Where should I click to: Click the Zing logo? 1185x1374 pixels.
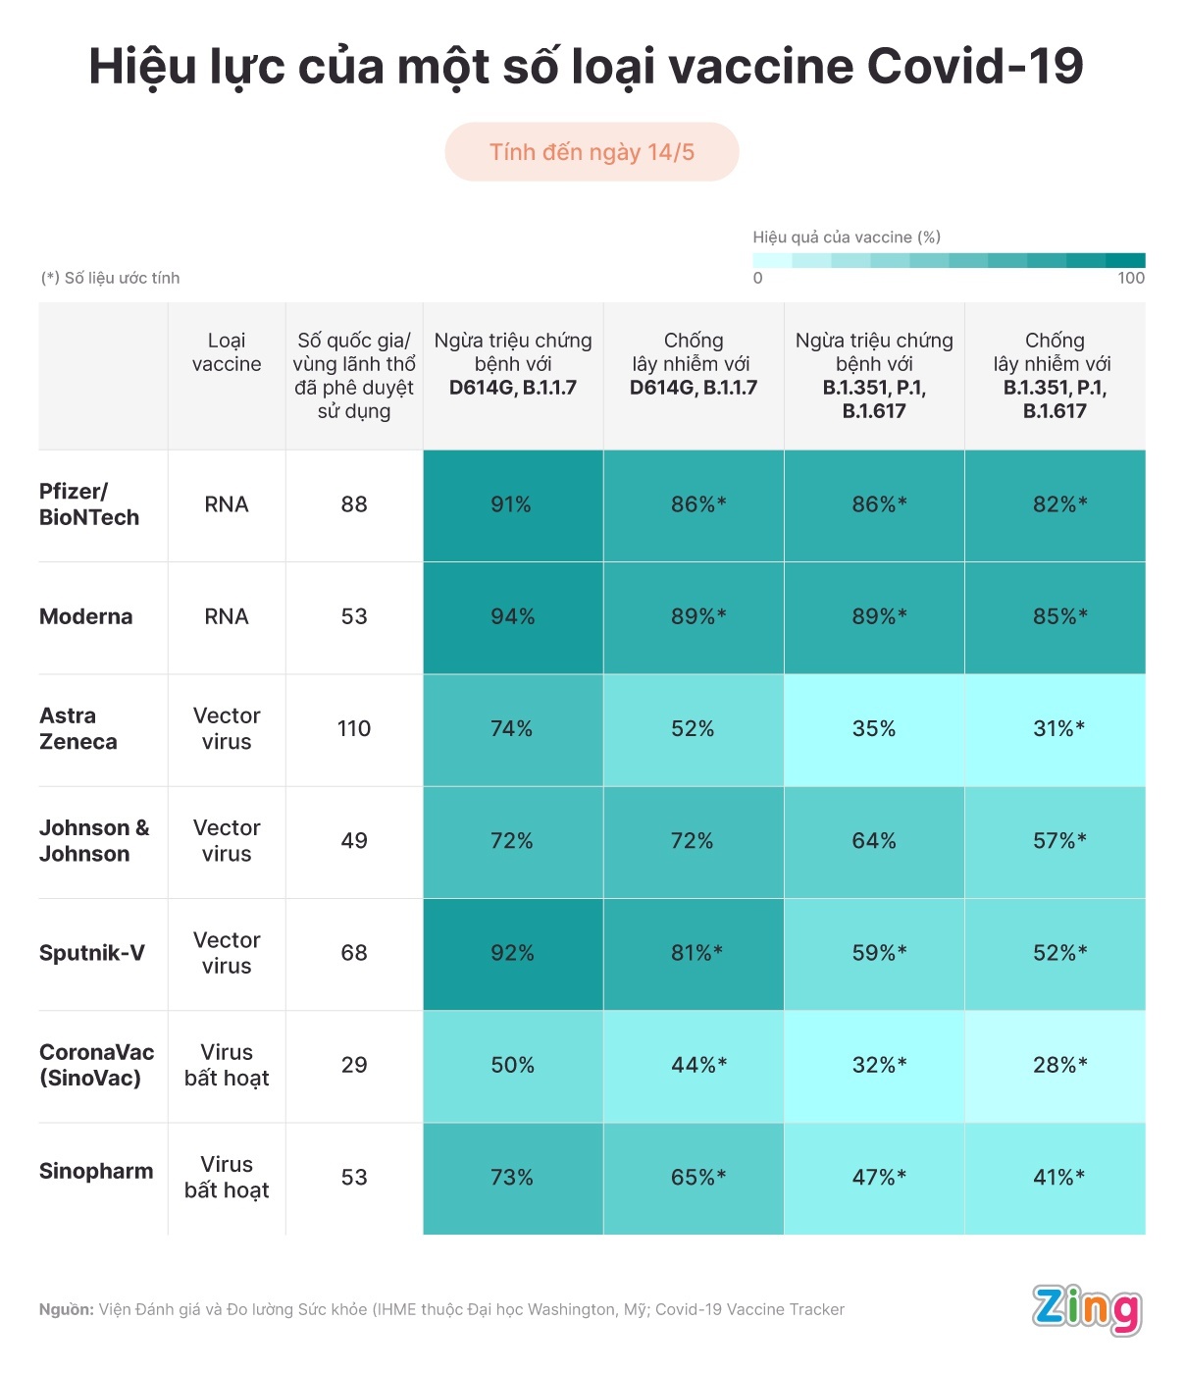(x=1087, y=1309)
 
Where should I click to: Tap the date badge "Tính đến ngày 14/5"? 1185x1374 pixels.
(x=592, y=152)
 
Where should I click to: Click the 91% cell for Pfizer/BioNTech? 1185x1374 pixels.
(x=512, y=504)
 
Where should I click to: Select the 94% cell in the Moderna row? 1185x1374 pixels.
(x=512, y=616)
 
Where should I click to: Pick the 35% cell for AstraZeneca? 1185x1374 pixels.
(x=874, y=728)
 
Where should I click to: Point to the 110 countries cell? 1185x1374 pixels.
(x=354, y=728)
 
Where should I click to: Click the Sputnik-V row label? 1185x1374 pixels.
(x=92, y=953)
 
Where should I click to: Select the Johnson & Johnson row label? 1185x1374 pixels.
(x=94, y=841)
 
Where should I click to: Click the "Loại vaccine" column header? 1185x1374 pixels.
(x=227, y=352)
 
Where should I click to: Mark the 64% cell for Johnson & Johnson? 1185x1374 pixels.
(x=874, y=841)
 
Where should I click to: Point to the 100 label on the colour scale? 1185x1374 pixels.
(x=1131, y=278)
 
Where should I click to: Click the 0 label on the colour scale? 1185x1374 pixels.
(x=758, y=278)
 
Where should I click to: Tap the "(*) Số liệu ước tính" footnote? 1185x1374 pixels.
(x=110, y=278)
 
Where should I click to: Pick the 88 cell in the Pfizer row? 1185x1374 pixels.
(x=354, y=504)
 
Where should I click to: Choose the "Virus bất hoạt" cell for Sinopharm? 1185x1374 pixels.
(x=227, y=1177)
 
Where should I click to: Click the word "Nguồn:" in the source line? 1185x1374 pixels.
(x=66, y=1309)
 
